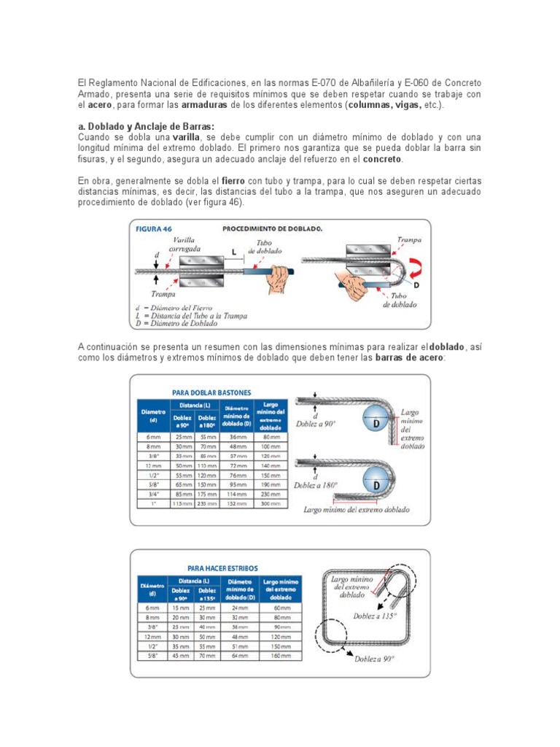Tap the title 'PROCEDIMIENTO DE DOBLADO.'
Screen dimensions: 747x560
click(272, 228)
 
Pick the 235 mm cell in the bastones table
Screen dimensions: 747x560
click(207, 503)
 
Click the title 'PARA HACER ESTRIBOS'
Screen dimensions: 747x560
click(222, 568)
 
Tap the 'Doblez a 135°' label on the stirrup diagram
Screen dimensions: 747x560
click(375, 616)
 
